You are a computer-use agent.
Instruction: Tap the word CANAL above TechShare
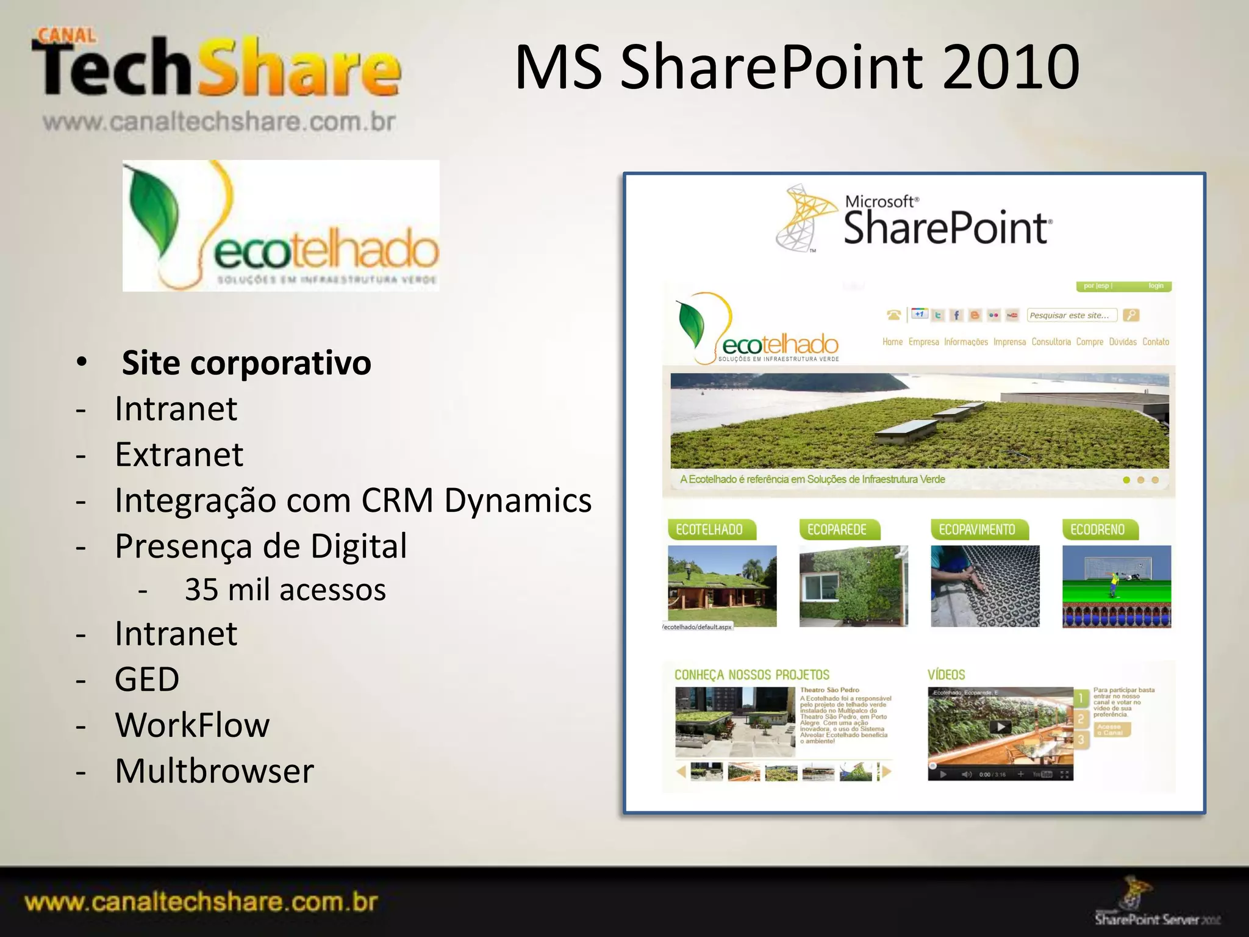coord(66,35)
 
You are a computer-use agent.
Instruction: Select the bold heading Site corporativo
coord(246,363)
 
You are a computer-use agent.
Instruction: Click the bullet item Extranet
coord(179,454)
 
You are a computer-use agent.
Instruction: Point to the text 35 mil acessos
coord(285,590)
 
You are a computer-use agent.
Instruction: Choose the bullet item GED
coord(147,680)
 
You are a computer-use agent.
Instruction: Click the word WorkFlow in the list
coord(192,725)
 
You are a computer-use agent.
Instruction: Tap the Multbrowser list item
coord(214,771)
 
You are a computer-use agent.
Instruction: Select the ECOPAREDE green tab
coord(837,530)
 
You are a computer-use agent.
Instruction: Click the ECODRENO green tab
coord(1098,530)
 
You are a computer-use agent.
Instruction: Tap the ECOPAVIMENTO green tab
coord(977,530)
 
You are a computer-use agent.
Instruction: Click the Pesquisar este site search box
coord(1071,315)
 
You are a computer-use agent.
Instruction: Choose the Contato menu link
coord(1155,342)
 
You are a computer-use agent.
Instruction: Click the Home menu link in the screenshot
coord(892,342)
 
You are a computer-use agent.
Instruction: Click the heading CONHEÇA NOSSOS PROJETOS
coord(751,675)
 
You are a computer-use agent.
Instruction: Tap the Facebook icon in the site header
coord(956,315)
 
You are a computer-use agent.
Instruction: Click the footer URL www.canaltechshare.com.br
coord(201,902)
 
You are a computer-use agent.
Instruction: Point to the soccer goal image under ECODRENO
coord(1116,586)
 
